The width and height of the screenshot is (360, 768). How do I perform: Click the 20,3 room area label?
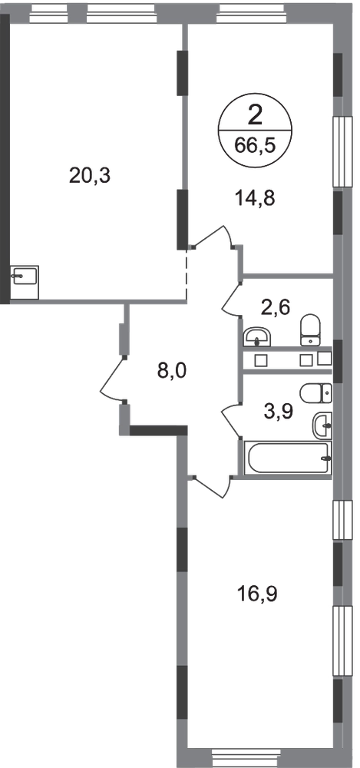[x=91, y=175]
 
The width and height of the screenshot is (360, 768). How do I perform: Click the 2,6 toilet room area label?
[x=277, y=308]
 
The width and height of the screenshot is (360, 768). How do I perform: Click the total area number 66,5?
[x=254, y=146]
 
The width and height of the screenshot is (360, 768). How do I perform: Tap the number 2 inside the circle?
[x=255, y=117]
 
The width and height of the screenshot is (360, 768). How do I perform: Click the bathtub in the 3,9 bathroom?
[x=289, y=458]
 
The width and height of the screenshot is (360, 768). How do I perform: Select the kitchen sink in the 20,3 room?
[x=25, y=282]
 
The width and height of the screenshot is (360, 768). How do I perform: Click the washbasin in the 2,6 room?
[x=256, y=337]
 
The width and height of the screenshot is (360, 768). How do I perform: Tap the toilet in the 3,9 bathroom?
[x=317, y=392]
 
